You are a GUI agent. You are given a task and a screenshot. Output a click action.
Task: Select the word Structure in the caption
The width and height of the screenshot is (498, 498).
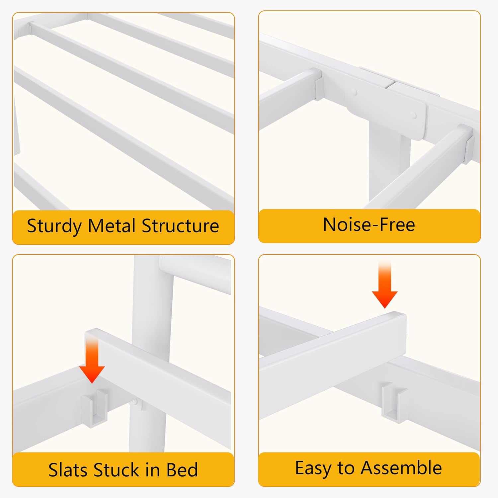click(180, 226)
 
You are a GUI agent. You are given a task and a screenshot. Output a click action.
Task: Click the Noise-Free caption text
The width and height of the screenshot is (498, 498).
click(369, 224)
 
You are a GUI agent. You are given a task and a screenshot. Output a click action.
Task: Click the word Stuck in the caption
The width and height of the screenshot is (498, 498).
click(117, 470)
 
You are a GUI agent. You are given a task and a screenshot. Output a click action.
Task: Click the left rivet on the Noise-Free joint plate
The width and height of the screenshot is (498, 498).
click(355, 91)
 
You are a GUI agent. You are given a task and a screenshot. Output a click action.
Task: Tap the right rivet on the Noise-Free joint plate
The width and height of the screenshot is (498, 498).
click(413, 115)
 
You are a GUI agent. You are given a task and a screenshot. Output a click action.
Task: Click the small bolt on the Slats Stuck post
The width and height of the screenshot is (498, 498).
click(136, 403)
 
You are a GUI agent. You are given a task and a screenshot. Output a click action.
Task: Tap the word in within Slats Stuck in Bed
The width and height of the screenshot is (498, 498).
click(153, 470)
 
